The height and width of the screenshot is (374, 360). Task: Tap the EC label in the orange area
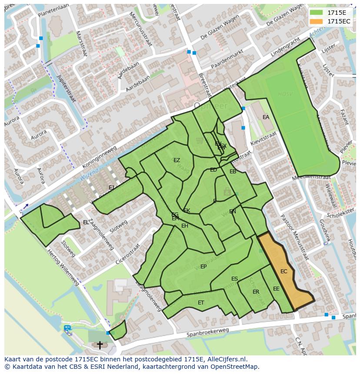point(284,271)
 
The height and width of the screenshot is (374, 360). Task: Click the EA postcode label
point(266,117)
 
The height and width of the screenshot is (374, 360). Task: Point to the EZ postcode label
point(177,160)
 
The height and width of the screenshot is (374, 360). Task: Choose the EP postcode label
point(203,267)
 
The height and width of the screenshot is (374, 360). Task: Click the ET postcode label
point(201,302)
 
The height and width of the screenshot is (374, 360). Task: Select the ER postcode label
point(256,292)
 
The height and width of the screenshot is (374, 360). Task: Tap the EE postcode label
point(276,289)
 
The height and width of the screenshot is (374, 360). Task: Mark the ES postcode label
point(234,279)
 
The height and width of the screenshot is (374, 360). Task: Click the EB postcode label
point(233,172)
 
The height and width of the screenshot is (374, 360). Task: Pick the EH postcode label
point(185,226)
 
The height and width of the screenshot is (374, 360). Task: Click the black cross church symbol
point(100,345)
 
